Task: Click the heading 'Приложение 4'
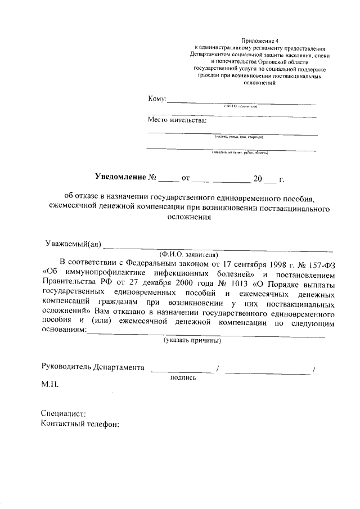point(260,41)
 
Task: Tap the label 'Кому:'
point(157,99)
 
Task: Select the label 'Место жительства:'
point(177,120)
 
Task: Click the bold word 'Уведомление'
point(120,178)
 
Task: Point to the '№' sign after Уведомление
point(152,179)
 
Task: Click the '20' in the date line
point(258,179)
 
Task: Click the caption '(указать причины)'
point(192,341)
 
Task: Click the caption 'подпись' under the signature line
point(183,378)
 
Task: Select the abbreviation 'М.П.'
point(49,386)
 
